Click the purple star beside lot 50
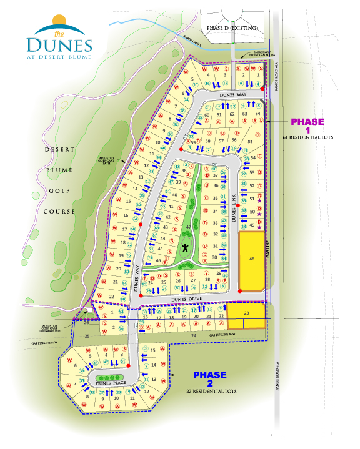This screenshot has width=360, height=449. (x=259, y=214)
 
